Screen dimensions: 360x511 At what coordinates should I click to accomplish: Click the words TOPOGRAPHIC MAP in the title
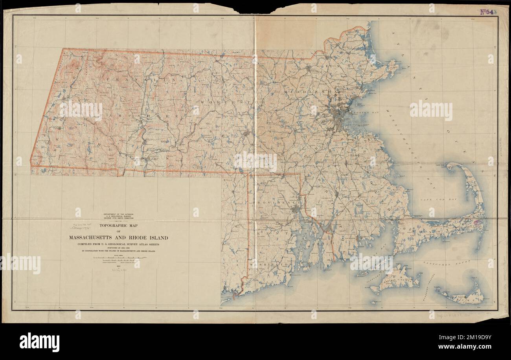tap(119, 226)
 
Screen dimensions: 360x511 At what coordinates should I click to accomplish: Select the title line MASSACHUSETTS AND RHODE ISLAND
tap(119, 238)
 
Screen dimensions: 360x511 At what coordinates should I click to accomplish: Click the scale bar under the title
tap(119, 259)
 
